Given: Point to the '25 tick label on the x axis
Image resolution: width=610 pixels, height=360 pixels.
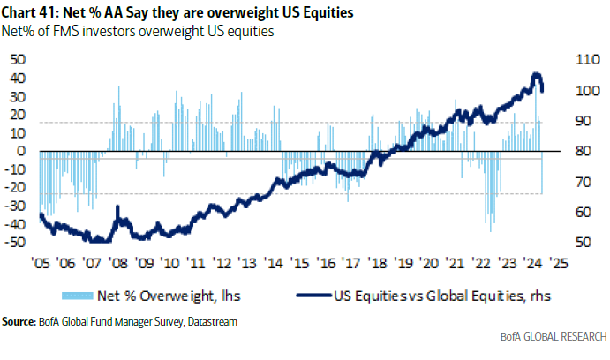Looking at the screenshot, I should pyautogui.click(x=558, y=261).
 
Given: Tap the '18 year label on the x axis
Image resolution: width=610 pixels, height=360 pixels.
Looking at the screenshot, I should pyautogui.click(x=377, y=261).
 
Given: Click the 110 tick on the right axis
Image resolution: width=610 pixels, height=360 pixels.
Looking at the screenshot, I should pyautogui.click(x=589, y=61).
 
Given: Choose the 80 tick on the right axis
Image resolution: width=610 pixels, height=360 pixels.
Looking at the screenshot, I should pyautogui.click(x=586, y=152).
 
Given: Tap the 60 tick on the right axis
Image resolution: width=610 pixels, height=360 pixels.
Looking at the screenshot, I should pyautogui.click(x=586, y=212).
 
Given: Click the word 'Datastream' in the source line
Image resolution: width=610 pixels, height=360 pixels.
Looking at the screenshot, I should pyautogui.click(x=211, y=322).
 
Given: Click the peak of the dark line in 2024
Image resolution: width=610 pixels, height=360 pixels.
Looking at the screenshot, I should pyautogui.click(x=535, y=74).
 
